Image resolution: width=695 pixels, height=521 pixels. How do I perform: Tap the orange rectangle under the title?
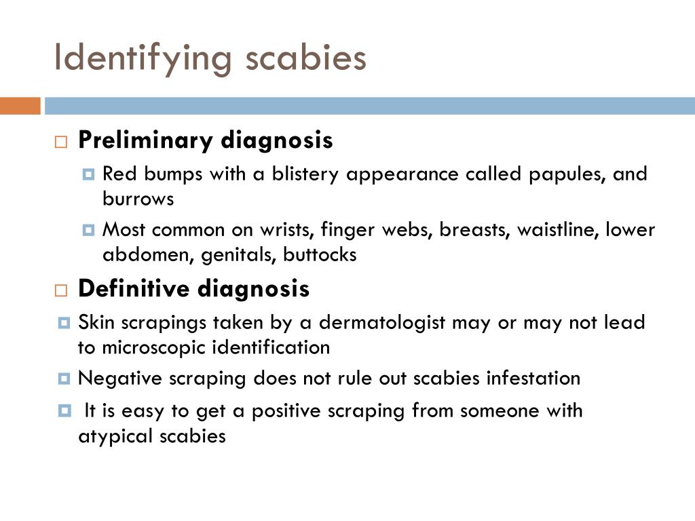20,106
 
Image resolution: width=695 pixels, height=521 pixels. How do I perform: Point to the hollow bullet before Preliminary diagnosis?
61,142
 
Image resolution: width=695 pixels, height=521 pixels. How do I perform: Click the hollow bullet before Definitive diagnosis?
61,290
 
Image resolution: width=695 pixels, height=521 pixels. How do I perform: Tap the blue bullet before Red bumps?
88,174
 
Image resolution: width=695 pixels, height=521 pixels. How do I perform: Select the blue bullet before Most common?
88,230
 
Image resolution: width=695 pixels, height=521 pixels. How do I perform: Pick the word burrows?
138,199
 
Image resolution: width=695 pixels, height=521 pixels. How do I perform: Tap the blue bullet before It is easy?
64,410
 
